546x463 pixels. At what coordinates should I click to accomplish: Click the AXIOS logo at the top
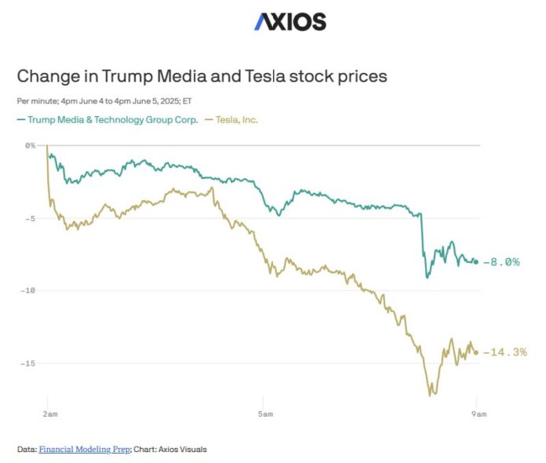pos(289,21)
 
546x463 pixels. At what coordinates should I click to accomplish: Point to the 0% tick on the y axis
pos(31,145)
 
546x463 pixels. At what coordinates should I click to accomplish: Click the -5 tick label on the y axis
pos(31,218)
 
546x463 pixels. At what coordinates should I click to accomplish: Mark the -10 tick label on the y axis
pos(29,290)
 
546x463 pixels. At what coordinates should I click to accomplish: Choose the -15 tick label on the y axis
pos(29,363)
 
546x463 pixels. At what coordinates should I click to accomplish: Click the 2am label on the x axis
pos(48,413)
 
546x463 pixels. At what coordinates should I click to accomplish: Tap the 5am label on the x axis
pos(265,413)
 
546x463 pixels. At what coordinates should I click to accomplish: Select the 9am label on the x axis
pos(476,413)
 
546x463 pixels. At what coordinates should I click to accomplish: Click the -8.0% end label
pos(501,262)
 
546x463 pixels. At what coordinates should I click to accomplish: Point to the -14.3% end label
pos(504,352)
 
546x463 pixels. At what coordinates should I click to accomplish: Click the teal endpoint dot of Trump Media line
pos(476,262)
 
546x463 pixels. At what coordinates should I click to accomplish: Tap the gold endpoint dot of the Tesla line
pos(476,352)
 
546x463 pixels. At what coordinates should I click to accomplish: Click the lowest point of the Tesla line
pos(430,395)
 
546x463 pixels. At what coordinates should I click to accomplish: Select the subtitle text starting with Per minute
pos(104,100)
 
